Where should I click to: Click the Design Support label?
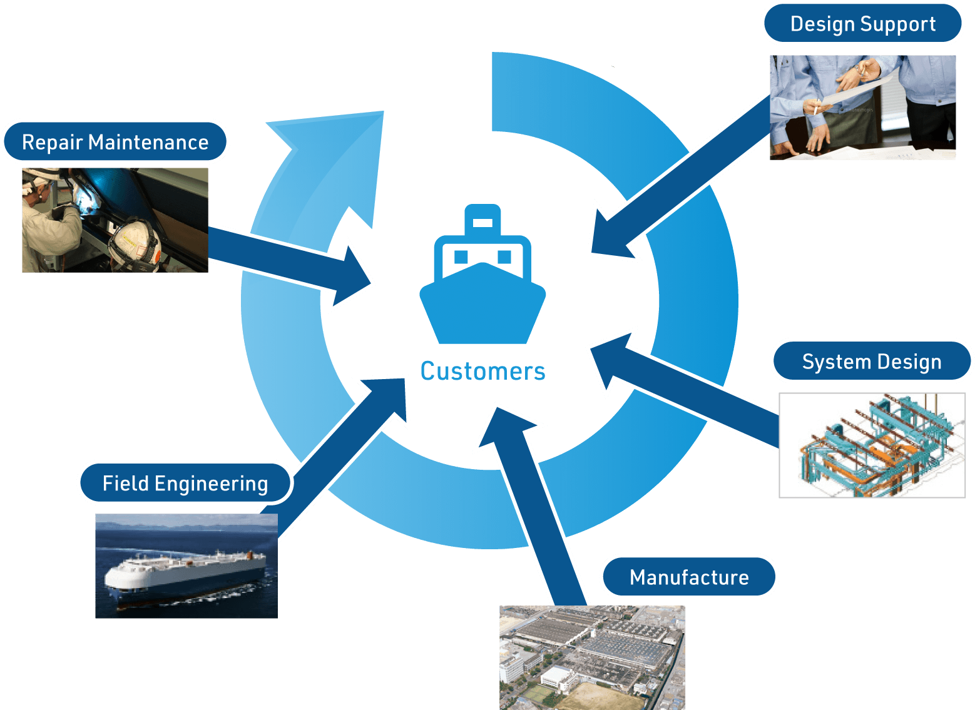862,24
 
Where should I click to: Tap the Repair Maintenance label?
115,142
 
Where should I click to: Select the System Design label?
871,362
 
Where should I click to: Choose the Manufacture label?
689,577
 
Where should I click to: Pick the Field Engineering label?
185,483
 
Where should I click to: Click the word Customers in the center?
482,371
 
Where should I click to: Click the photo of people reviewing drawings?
862,107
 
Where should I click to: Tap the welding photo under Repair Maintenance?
115,220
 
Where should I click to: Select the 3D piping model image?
872,445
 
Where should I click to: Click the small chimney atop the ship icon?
482,219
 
